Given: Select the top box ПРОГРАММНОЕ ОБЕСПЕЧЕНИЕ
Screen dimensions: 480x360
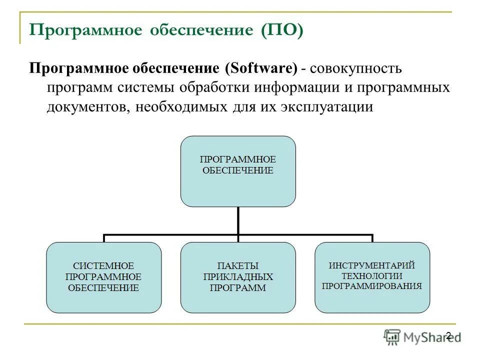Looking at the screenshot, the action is pyautogui.click(x=238, y=171).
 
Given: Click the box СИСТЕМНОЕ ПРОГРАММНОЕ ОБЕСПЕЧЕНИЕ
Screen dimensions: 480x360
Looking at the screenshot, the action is pyautogui.click(x=104, y=277).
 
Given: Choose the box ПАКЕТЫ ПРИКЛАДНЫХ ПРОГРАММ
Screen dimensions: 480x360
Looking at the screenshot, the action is pyautogui.click(x=238, y=277).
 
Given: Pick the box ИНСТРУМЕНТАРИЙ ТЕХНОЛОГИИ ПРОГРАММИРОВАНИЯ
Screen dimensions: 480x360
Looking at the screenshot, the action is pyautogui.click(x=372, y=277).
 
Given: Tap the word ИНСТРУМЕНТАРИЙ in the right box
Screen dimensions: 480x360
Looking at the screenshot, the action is pyautogui.click(x=372, y=265).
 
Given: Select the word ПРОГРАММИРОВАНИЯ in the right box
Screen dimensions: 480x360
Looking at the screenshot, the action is pyautogui.click(x=372, y=286).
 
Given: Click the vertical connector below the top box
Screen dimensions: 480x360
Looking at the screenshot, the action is pyautogui.click(x=238, y=220).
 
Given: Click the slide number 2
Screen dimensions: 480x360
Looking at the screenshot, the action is pyautogui.click(x=448, y=335).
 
